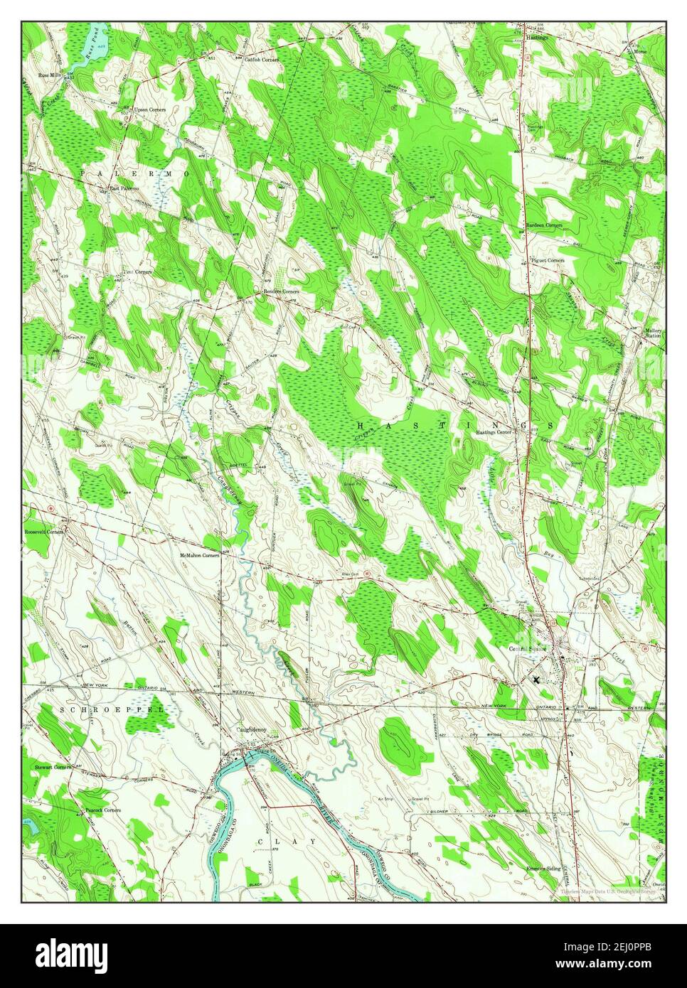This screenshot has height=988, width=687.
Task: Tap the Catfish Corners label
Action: tap(261, 60)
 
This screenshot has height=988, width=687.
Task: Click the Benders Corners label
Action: tap(281, 291)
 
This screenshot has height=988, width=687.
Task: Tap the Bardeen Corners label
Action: tap(544, 225)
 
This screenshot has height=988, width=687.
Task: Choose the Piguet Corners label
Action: tap(548, 260)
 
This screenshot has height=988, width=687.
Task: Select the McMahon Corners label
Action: tap(200, 554)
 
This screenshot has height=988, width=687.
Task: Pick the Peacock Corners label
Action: tap(102, 810)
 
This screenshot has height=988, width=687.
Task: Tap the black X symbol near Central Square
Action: tap(536, 680)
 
